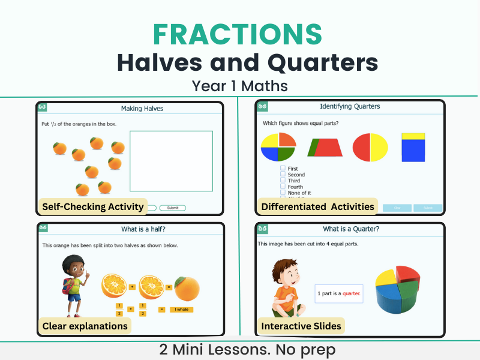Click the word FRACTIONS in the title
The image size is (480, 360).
239,34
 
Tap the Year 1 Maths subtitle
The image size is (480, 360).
239,86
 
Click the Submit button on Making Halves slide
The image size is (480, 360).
172,208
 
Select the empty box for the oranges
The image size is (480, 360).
171,161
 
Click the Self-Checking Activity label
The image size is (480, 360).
93,207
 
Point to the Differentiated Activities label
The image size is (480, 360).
317,207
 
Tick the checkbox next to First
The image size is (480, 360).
283,169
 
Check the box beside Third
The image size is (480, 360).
283,181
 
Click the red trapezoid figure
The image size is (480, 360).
325,148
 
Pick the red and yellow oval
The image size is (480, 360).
370,148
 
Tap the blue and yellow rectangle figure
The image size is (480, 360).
413,147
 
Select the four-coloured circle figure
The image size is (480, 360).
278,148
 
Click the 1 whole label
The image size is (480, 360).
181,310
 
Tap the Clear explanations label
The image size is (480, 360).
85,326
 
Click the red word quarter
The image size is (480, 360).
351,293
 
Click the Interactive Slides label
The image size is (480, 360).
301,326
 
